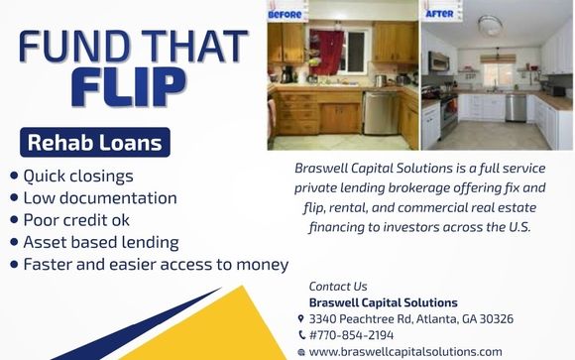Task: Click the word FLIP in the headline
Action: pyautogui.click(x=129, y=87)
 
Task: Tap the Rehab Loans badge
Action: pyautogui.click(x=95, y=143)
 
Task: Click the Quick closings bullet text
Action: pyautogui.click(x=78, y=177)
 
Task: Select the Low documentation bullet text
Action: pyautogui.click(x=100, y=198)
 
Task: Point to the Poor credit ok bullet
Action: pyautogui.click(x=76, y=220)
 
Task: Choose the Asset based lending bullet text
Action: pyautogui.click(x=101, y=243)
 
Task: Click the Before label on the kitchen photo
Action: pyautogui.click(x=285, y=15)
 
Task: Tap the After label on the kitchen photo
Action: pyautogui.click(x=439, y=14)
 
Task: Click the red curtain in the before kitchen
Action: pyautogui.click(x=326, y=52)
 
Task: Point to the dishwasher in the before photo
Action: pyautogui.click(x=382, y=113)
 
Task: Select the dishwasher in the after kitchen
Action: pyautogui.click(x=516, y=108)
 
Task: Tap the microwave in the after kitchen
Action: pyautogui.click(x=439, y=60)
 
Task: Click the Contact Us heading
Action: pyautogui.click(x=338, y=287)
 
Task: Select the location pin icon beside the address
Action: pyautogui.click(x=300, y=319)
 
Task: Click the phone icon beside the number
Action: pyautogui.click(x=301, y=335)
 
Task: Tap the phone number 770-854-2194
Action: pyautogui.click(x=355, y=335)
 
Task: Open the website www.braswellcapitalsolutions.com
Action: pyautogui.click(x=405, y=351)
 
